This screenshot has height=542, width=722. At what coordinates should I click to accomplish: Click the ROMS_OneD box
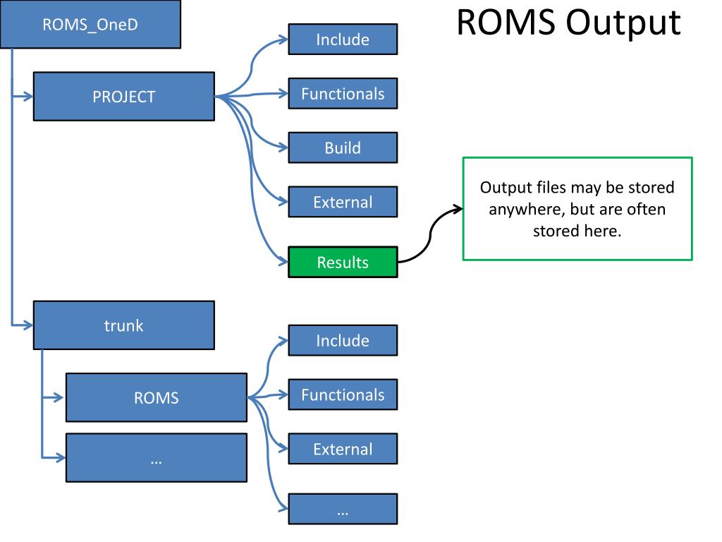click(x=90, y=24)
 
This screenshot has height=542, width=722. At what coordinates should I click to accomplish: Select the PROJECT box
click(x=124, y=96)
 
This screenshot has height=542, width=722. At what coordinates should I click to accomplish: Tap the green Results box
click(x=343, y=263)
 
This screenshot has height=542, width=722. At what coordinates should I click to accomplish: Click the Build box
click(x=343, y=148)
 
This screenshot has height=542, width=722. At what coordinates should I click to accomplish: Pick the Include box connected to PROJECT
click(x=343, y=40)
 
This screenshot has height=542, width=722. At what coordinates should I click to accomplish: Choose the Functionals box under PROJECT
click(x=343, y=94)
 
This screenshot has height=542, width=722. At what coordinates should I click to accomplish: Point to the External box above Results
click(x=343, y=202)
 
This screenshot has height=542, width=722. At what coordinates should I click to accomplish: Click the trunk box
click(x=124, y=325)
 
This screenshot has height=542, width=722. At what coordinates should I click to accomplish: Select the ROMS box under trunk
click(x=157, y=397)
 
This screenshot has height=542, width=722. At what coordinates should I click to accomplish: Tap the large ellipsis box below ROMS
click(x=157, y=457)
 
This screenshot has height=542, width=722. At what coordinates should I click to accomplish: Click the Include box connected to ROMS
click(x=343, y=341)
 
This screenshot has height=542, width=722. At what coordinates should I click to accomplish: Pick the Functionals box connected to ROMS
click(x=343, y=395)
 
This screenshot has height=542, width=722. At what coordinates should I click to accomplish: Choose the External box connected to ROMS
click(x=343, y=449)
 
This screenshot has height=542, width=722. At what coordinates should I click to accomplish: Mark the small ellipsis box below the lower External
click(x=343, y=510)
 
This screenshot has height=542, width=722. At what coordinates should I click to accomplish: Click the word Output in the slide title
click(x=623, y=23)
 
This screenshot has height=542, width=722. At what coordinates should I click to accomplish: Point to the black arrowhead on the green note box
click(x=458, y=210)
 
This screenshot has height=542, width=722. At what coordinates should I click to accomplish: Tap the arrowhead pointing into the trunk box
click(x=28, y=325)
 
